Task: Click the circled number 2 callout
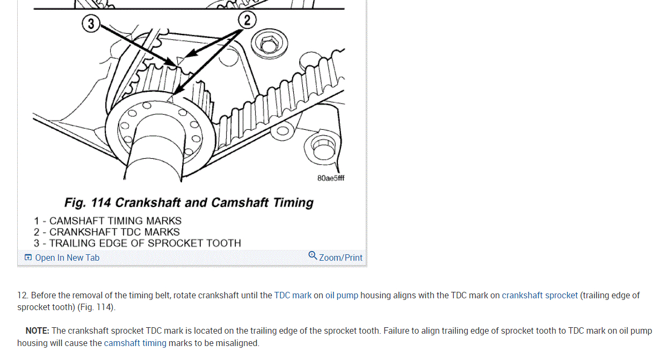[x=247, y=20]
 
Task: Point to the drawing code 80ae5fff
[x=330, y=178]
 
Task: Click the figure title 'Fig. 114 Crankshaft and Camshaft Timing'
[x=188, y=203]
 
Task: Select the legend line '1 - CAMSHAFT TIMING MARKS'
[x=107, y=221]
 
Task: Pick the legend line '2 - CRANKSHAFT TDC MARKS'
[x=106, y=232]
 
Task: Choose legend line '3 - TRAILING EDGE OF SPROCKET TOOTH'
[x=137, y=243]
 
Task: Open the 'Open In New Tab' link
[x=67, y=258]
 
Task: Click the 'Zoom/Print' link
[x=340, y=258]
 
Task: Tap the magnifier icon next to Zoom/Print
[x=313, y=255]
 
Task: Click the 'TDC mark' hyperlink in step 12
[x=293, y=295]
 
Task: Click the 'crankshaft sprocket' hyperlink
[x=540, y=295]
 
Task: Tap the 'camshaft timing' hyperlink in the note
[x=135, y=343]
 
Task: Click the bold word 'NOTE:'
[x=37, y=330]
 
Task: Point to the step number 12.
[x=22, y=295]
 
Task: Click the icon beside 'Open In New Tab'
[x=28, y=258]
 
